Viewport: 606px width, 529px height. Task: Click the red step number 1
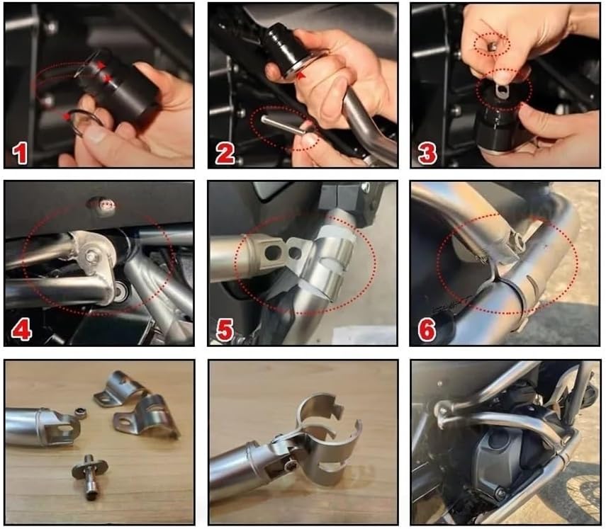(21, 154)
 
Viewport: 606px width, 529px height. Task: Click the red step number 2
(225, 154)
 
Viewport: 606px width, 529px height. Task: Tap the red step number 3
(427, 154)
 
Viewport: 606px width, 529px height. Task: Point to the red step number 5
(225, 330)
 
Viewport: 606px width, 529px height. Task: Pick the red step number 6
(427, 330)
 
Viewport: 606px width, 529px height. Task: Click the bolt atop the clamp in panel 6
(519, 241)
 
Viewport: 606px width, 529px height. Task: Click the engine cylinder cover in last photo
(517, 453)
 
